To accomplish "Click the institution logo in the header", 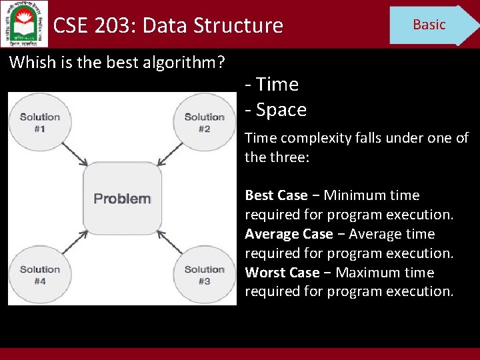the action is pos(24,23).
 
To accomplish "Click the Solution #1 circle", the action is pos(39,122).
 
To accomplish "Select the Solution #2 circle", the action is pos(204,122).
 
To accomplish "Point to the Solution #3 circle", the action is pos(204,275).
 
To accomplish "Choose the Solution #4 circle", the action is pos(39,275).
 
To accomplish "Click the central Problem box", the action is pos(122,198).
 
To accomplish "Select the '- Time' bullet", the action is pos(272,84).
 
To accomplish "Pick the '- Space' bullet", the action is pos(276,109).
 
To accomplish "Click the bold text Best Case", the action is pos(276,195).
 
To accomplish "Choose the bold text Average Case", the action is pos(289,234).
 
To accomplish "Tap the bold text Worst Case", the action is pos(282,273).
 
